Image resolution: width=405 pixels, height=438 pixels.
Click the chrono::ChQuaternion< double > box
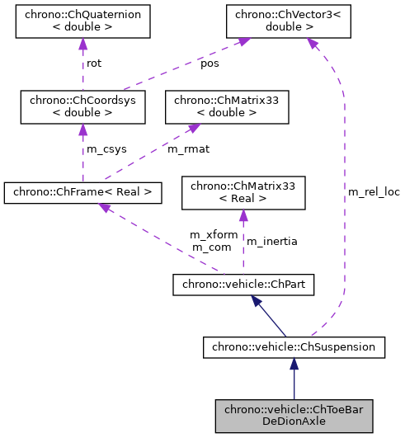point(82,22)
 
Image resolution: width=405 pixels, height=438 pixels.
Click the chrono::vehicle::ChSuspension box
point(294,348)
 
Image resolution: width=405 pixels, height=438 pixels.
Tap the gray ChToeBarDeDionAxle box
point(294,417)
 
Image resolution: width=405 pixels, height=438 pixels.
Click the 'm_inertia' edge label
point(272,241)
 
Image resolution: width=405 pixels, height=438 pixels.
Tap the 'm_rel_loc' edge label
point(373,191)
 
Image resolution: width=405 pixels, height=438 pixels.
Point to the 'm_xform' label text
point(214,235)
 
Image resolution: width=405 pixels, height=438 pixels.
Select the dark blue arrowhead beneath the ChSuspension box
point(294,365)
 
